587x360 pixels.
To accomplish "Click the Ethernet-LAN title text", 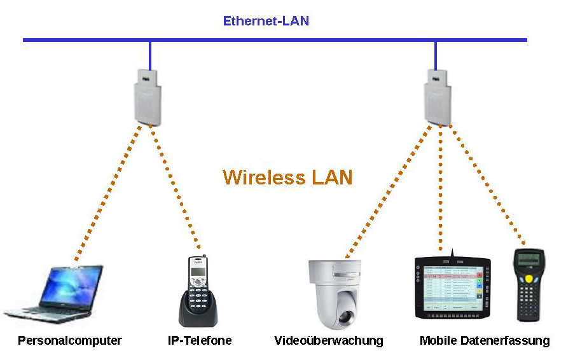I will click(x=266, y=21).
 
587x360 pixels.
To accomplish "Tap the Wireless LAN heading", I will click(x=287, y=176).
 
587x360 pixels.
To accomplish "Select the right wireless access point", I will click(x=437, y=95).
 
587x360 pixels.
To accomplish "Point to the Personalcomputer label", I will click(x=70, y=340).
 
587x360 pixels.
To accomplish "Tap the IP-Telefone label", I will click(x=200, y=340).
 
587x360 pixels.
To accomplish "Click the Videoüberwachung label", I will click(x=329, y=340).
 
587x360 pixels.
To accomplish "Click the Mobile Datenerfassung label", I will click(x=485, y=340).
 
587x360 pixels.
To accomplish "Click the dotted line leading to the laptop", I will click(x=108, y=191).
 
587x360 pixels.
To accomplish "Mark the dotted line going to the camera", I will click(x=388, y=191).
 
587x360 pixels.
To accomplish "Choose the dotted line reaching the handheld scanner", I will click(x=487, y=184).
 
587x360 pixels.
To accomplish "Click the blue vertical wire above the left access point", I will click(x=150, y=54).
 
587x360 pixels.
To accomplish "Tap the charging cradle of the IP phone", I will click(x=198, y=315).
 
